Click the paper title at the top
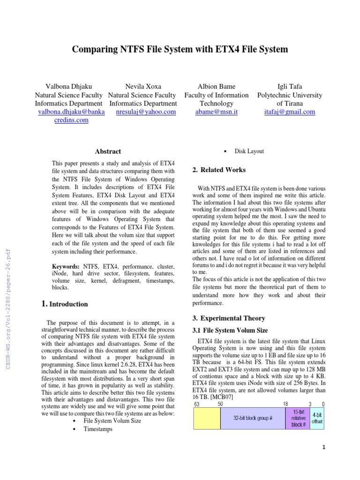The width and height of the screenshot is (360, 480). [180, 49]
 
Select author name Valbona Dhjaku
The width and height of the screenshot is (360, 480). [68, 86]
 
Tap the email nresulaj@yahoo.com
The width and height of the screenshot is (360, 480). [146, 112]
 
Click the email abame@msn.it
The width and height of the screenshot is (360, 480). [216, 112]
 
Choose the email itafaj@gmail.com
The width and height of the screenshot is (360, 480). [290, 112]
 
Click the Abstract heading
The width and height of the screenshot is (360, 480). [108, 151]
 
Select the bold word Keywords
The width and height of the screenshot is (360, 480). [66, 266]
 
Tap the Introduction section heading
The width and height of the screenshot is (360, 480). [65, 304]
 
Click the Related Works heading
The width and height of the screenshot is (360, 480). [219, 170]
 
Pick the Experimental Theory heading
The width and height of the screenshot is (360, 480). [229, 318]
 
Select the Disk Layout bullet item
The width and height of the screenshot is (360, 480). [249, 151]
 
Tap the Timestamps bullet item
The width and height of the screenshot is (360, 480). [97, 429]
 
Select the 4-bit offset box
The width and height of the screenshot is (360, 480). [317, 418]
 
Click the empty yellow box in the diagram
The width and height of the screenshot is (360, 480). [207, 418]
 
